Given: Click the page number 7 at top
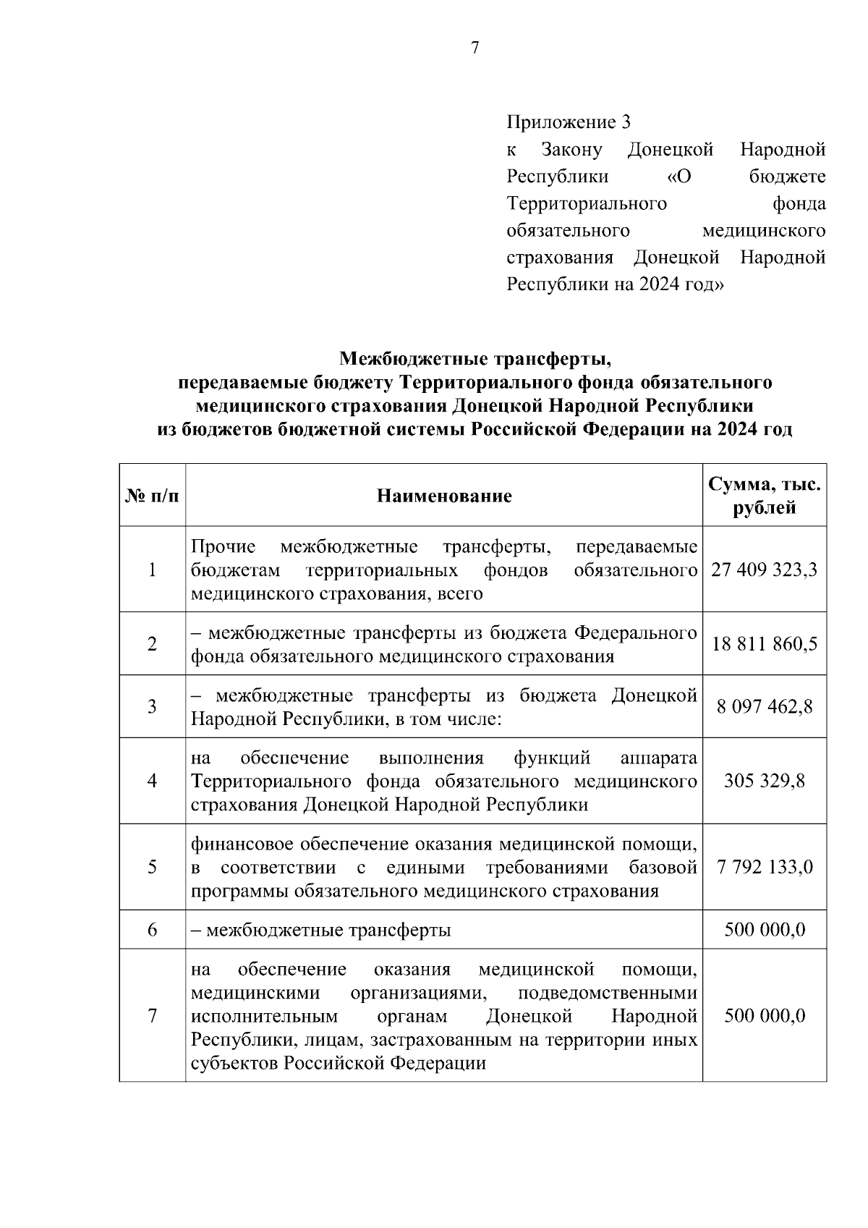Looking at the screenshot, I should pos(475,48).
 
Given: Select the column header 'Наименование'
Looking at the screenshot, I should pos(443,496).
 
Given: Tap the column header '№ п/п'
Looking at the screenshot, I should pos(152,496).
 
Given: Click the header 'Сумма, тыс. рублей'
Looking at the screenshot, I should pos(764,496).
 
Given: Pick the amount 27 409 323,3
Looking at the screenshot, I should pos(764,569).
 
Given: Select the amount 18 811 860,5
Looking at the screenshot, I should pos(764,644).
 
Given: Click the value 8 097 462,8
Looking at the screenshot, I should pos(764,707).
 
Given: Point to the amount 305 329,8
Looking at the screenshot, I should pos(764,781).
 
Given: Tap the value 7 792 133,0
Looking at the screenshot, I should pos(764,866).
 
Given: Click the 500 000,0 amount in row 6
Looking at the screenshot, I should pos(764,929).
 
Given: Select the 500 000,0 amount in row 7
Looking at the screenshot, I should pos(764,1015).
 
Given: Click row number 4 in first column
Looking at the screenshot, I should pos(152,781).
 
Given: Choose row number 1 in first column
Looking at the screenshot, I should pos(152,569).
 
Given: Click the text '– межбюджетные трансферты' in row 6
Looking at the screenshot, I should pos(320,930).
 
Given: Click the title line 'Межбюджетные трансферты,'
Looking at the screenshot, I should pos(475,358).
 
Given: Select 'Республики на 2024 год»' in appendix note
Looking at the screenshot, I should pos(615,284).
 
